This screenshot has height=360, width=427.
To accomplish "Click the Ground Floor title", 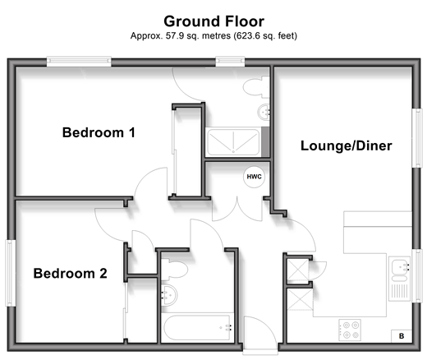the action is tap(213, 21).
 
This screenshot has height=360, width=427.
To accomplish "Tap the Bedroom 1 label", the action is tap(99, 132).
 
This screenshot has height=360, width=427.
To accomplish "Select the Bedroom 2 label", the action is tap(70, 274).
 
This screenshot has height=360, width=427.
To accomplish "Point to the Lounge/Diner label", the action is tap(347, 145).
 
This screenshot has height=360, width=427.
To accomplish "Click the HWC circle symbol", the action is tap(254, 177).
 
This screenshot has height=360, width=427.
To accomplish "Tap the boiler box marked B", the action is tap(402, 336).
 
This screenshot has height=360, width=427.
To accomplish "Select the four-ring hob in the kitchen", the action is tap(350, 330).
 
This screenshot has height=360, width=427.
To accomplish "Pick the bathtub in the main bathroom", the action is tap(197, 328).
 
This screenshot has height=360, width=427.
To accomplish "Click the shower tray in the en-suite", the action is tap(233, 142).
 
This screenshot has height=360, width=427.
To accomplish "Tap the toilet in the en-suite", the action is tap(255, 87).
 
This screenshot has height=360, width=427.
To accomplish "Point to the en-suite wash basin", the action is tap(264, 112).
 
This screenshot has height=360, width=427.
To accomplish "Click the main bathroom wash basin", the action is tap(169, 295).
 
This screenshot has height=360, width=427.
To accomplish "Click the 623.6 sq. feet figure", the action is tap(265, 36).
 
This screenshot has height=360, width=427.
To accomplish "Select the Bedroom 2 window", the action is tap(11, 273).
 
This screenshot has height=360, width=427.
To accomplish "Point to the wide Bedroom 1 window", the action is tap(79, 62).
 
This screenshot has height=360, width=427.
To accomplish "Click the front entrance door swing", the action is tap(260, 332).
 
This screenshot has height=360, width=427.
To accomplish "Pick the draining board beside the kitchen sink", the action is tap(400, 291).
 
